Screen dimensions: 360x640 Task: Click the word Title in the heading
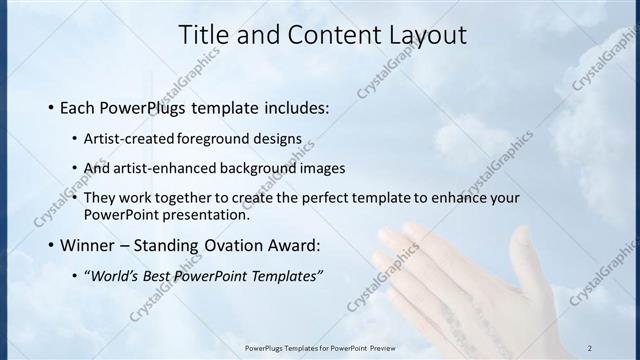coord(203,35)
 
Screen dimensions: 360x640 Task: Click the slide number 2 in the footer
coord(590,348)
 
